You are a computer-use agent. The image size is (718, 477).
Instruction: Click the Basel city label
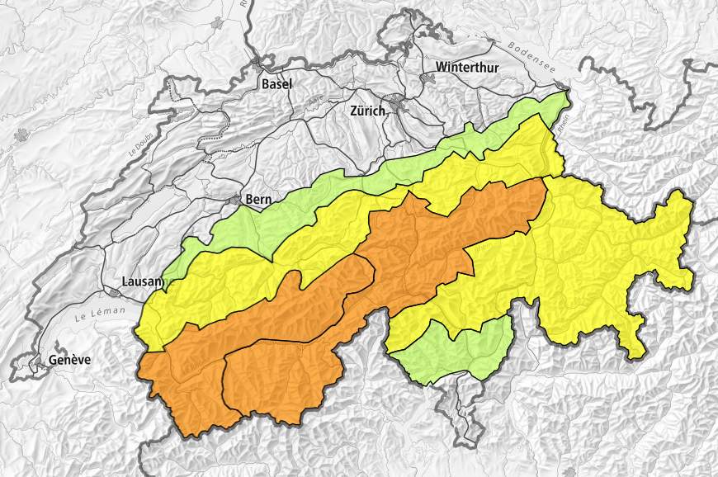coord(276,84)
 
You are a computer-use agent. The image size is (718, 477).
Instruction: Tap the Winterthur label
coord(467,67)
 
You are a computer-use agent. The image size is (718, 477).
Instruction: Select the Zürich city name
coord(367,111)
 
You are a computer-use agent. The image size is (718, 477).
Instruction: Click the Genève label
coord(69,360)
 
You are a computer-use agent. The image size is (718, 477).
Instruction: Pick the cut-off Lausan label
coord(143,281)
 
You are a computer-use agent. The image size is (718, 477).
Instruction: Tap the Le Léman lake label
coord(99,313)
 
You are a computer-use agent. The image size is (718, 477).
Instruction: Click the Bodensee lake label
coord(533,56)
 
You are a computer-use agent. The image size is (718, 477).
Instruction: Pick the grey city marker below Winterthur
coord(427,78)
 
